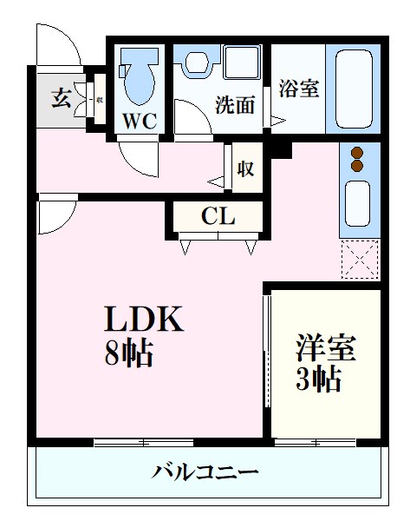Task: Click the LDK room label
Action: (144, 320)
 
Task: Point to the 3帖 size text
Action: (318, 379)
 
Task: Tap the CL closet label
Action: (218, 217)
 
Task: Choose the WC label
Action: (139, 120)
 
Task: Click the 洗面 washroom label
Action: (235, 105)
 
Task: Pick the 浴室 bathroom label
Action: (298, 89)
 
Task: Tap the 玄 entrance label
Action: (60, 97)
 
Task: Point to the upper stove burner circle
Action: (357, 154)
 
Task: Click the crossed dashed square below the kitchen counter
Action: (359, 258)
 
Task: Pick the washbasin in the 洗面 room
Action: (198, 63)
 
